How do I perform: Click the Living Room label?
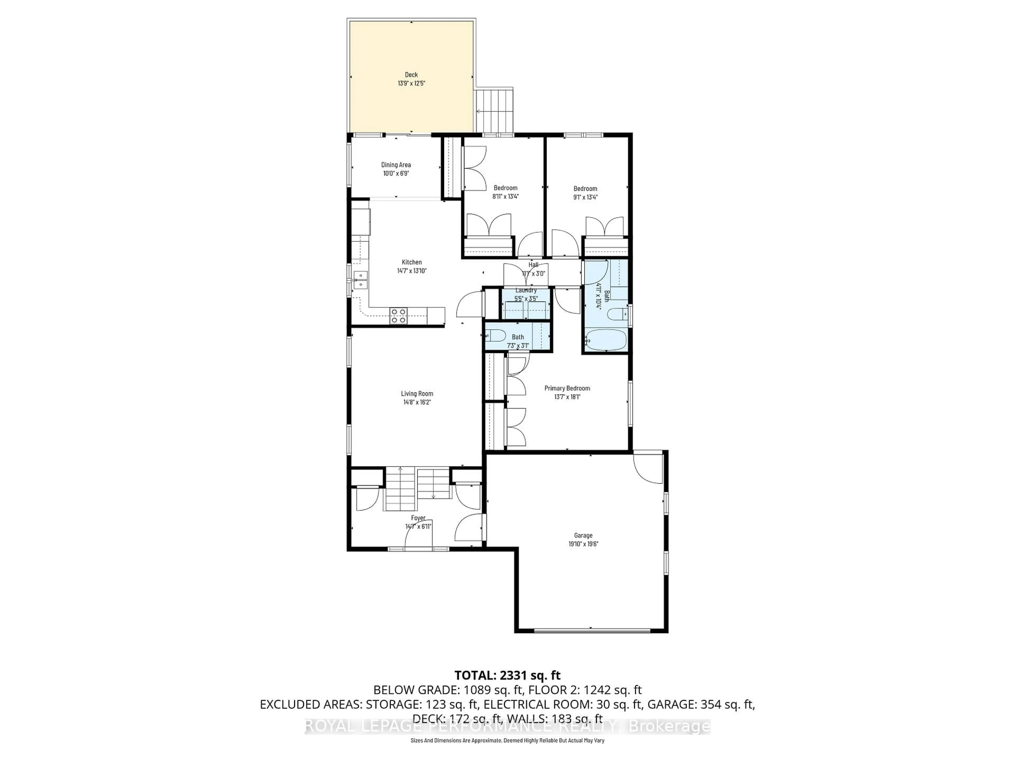[x=417, y=393]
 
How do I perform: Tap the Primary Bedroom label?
[x=567, y=388]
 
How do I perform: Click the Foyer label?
[x=418, y=518]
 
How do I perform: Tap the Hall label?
[x=533, y=265]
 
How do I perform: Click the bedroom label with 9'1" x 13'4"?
[x=585, y=188]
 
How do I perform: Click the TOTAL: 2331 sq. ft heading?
[x=508, y=675]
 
